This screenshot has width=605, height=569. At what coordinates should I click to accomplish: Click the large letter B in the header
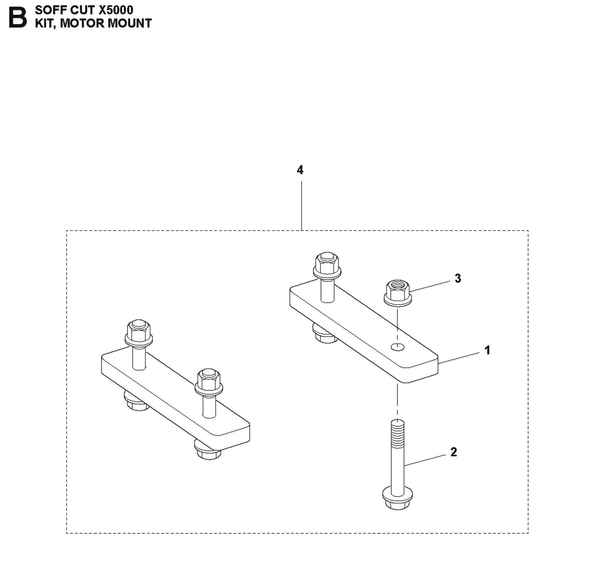[x=18, y=18]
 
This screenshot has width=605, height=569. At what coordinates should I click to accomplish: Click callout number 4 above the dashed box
[x=300, y=170]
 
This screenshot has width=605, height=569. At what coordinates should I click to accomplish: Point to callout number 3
[x=458, y=278]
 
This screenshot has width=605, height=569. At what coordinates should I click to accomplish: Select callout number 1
[x=487, y=350]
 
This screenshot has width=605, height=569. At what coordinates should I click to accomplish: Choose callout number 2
[x=453, y=452]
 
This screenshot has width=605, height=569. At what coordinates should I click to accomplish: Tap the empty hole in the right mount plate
[x=397, y=346]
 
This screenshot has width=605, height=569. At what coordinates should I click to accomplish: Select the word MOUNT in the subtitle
[x=130, y=23]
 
